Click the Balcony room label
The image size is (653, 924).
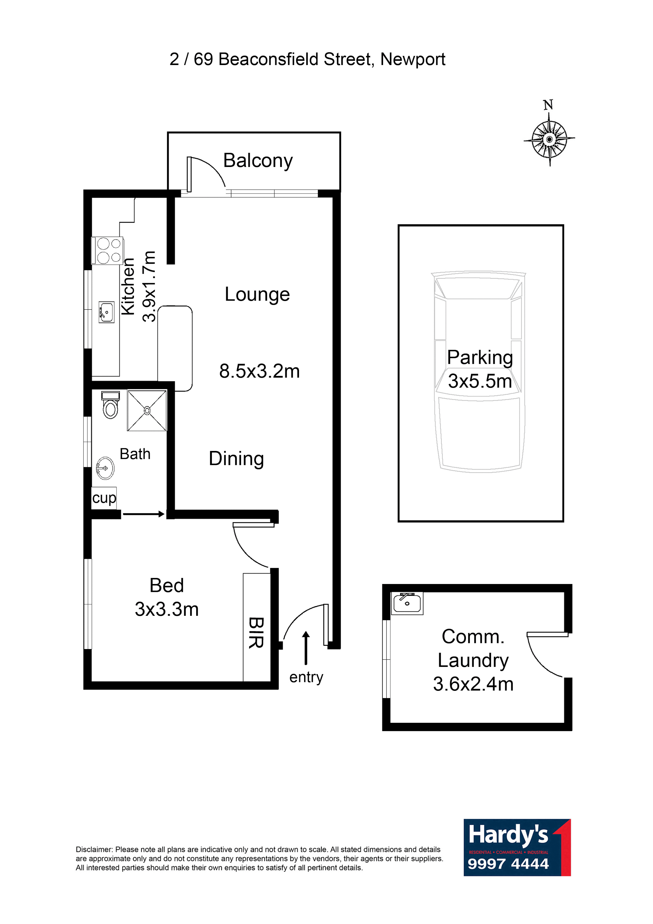pyautogui.click(x=258, y=161)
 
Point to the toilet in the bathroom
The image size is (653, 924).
pyautogui.click(x=111, y=405)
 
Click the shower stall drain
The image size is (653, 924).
pyautogui.click(x=147, y=410)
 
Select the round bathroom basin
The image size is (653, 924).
pyautogui.click(x=105, y=468)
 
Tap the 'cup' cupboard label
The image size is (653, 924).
pyautogui.click(x=104, y=498)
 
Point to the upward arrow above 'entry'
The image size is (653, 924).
pyautogui.click(x=306, y=648)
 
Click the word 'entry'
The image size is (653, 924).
pyautogui.click(x=306, y=677)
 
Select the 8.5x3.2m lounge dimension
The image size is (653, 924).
pyautogui.click(x=259, y=371)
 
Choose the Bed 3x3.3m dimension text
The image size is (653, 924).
pyautogui.click(x=167, y=609)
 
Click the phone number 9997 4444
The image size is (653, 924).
pyautogui.click(x=508, y=864)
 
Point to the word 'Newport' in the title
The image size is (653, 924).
pyautogui.click(x=413, y=60)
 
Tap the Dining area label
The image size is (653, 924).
pyautogui.click(x=236, y=459)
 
